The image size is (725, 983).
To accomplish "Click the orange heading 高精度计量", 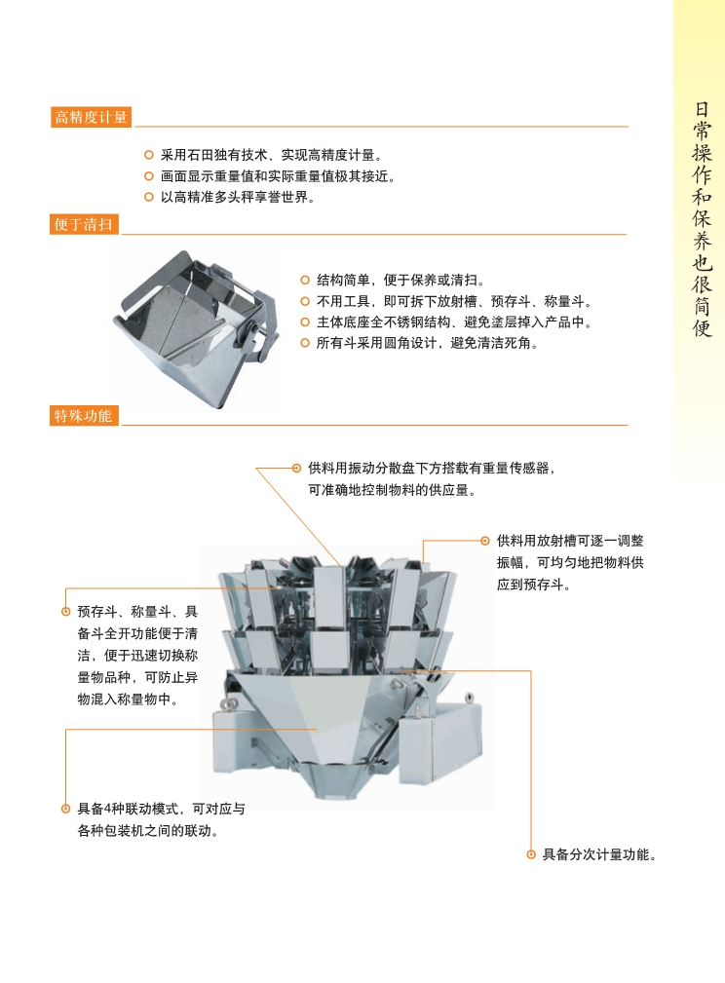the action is pos(91,117).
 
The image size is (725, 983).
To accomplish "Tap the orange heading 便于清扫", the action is pos(84,224).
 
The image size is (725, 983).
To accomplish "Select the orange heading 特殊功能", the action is pos(84,416).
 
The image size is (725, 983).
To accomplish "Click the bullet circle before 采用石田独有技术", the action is pos(149,155).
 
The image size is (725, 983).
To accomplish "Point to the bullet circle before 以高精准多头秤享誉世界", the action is pos(149,197).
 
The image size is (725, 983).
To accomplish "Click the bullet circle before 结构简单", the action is pos(305,280).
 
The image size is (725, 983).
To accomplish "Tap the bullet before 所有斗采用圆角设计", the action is pos(305,343).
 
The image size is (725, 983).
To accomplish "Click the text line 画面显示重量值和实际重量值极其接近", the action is pos(279,176).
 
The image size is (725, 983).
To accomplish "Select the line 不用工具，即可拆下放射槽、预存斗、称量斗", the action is pos(454,301).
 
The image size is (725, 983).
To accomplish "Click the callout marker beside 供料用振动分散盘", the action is pos(296,468).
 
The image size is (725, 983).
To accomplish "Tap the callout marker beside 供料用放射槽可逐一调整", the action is pos(485,541).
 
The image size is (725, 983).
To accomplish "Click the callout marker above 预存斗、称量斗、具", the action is pos(66,611).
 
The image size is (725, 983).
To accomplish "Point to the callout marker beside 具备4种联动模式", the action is pos(66,809).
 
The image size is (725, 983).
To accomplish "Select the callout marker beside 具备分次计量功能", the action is pos(531,854).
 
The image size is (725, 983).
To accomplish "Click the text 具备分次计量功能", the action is pos(599,854).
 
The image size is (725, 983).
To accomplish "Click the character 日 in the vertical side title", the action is pos(702,109).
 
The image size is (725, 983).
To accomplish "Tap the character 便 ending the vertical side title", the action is pos(702,327).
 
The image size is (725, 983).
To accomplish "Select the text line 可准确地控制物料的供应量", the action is pos(392,490).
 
